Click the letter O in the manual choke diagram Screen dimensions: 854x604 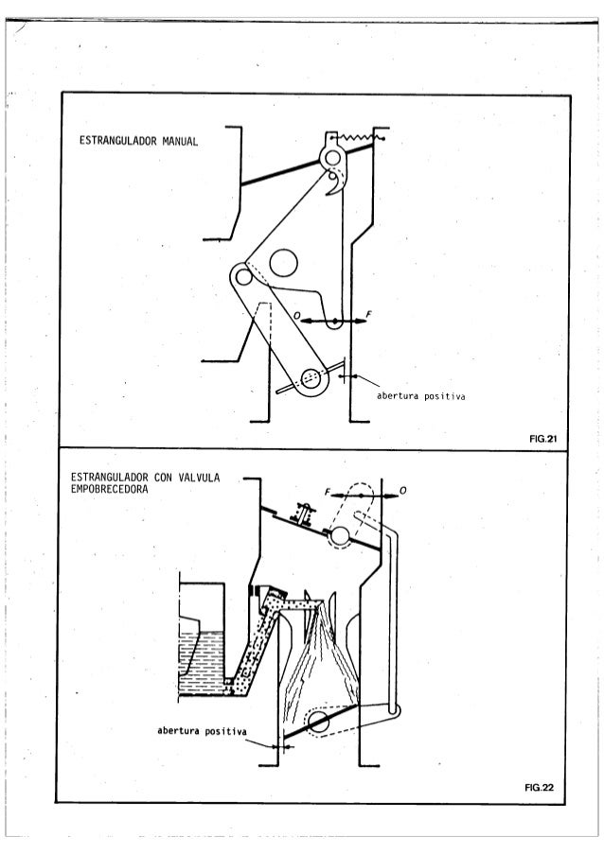point(295,314)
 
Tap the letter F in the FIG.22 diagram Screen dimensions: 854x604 point(325,493)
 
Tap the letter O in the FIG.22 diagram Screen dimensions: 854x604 point(404,492)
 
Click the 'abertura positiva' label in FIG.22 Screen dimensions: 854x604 point(202,732)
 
